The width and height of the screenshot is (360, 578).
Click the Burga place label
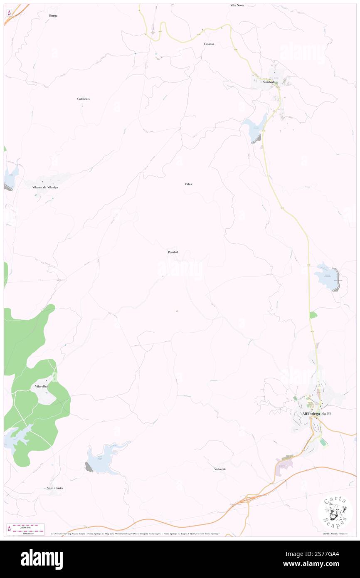click(x=53, y=15)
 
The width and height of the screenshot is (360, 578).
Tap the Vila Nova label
click(x=237, y=5)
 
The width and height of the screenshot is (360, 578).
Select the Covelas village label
click(x=209, y=44)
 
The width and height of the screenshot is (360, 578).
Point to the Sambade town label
click(x=269, y=82)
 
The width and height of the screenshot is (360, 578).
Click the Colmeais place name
click(x=83, y=99)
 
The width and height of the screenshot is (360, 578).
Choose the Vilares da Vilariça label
click(x=45, y=188)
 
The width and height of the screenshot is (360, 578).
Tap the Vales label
click(x=188, y=184)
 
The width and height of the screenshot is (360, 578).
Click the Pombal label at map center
click(x=173, y=252)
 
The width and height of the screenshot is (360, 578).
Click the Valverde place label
click(x=220, y=469)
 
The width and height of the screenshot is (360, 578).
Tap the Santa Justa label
click(x=55, y=488)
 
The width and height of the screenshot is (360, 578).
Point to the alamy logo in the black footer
click(x=42, y=559)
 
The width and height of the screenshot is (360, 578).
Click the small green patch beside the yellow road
click(x=313, y=315)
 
